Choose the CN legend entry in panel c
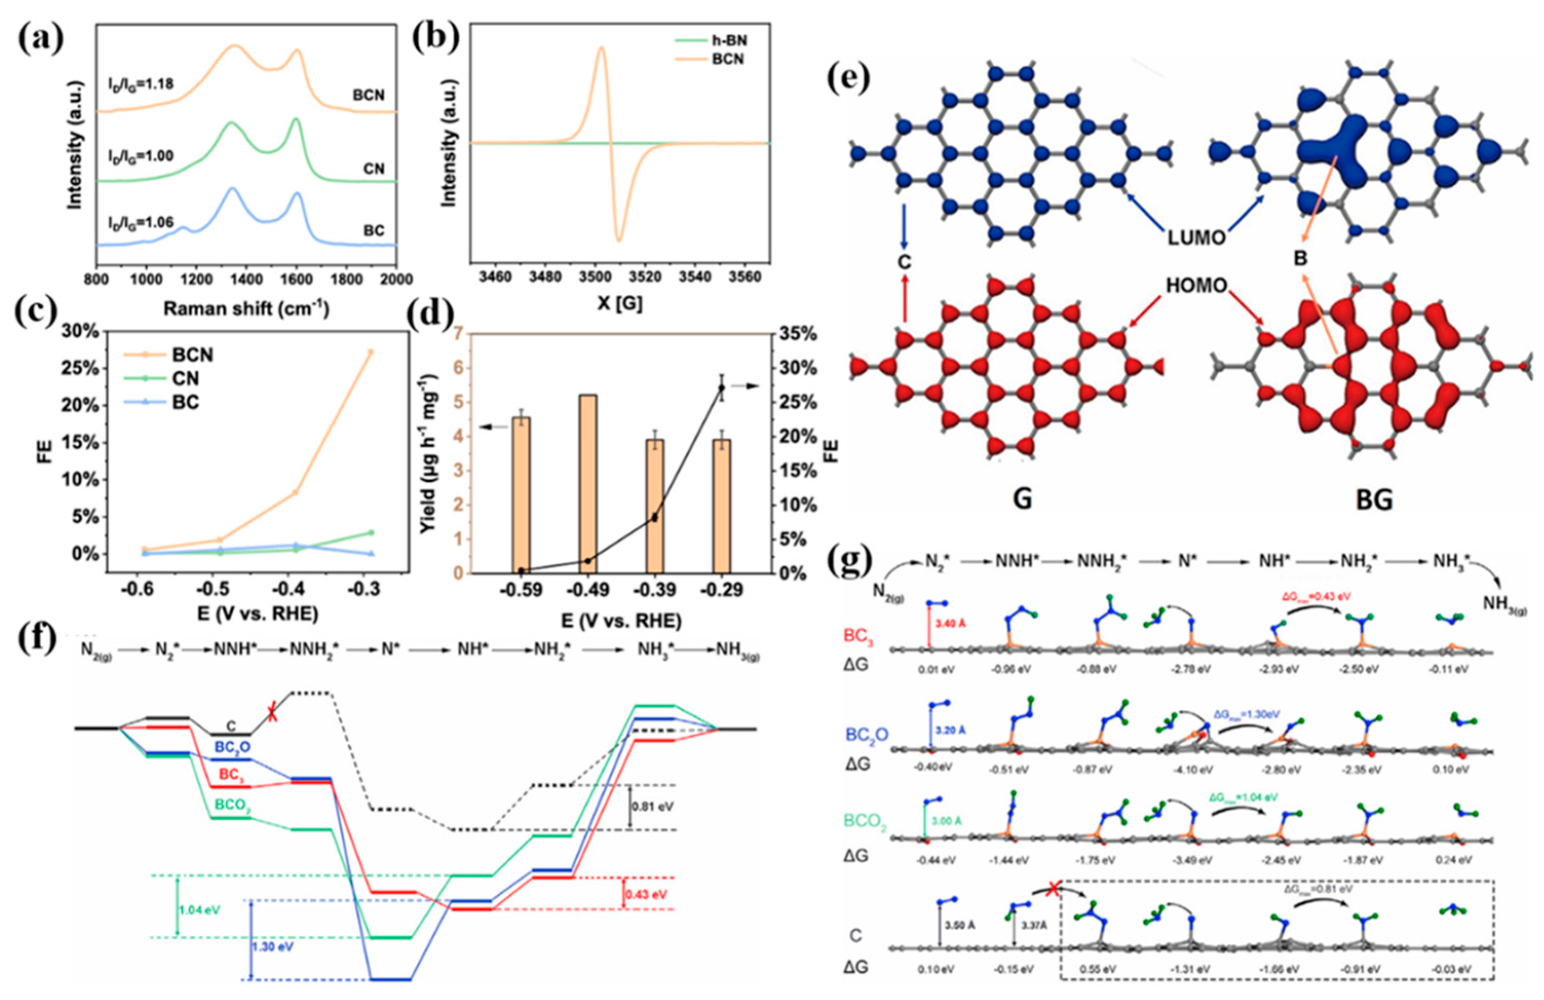click(x=185, y=379)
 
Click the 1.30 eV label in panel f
click(x=275, y=947)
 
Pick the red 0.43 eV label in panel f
click(x=646, y=894)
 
